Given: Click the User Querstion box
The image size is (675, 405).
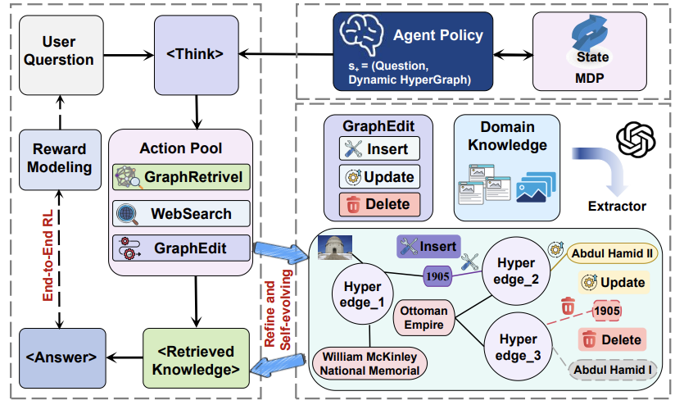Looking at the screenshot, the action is (x=61, y=55).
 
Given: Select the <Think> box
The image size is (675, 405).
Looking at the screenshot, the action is (x=197, y=55).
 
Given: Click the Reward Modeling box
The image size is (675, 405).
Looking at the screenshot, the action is (x=60, y=159).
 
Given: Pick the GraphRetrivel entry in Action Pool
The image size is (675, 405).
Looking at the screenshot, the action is (x=181, y=177).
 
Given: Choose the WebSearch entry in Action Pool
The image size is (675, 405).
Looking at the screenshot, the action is (x=181, y=214).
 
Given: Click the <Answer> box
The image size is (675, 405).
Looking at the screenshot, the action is (x=62, y=358).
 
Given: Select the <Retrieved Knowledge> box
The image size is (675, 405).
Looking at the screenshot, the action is (x=196, y=358).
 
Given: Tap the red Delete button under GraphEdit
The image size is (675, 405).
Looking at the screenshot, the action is (x=379, y=204).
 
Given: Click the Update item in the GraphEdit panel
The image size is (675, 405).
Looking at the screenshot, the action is (x=379, y=176).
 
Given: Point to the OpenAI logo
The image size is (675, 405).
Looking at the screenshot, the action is (x=636, y=139).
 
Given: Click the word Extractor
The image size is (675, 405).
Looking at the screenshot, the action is (x=617, y=207).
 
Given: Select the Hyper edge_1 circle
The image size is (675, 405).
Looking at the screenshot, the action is (x=362, y=294).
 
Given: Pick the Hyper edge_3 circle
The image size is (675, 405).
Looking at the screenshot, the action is (x=518, y=347).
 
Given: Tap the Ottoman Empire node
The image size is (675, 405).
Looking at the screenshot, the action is (x=424, y=318).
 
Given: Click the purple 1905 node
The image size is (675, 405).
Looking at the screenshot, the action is (x=437, y=276).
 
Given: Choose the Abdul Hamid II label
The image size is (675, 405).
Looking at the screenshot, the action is (x=612, y=253).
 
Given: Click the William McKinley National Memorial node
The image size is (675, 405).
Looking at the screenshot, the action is (x=369, y=364).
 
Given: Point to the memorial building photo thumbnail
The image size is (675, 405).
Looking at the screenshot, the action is (x=335, y=248).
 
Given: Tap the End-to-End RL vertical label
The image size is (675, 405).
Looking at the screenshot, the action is (x=48, y=256).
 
